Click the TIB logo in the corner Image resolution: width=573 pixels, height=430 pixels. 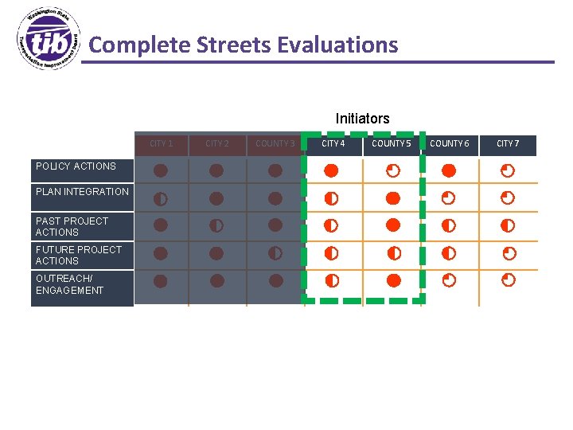point(49,41)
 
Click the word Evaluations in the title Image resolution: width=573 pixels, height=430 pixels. point(337,45)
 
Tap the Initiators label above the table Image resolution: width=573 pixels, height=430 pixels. point(362,119)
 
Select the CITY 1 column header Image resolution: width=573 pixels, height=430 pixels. point(161,144)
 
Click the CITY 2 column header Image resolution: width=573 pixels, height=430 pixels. point(216,144)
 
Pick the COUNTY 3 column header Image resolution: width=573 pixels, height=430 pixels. point(275,144)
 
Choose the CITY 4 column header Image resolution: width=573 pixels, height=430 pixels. point(333,144)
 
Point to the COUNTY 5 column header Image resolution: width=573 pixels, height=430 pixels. point(392,144)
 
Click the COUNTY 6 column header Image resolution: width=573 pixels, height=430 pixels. point(449,144)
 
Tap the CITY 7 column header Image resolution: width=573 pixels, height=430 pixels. point(508,144)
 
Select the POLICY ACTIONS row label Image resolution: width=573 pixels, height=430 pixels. point(76,166)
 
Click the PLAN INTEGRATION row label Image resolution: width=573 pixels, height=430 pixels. point(82,192)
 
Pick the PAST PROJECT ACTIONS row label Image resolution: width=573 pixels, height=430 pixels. point(72,226)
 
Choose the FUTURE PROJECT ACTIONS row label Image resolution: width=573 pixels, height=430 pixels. point(79,255)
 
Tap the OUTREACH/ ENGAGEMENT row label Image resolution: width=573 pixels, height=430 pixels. point(69,284)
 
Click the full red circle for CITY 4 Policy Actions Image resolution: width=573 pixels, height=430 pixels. point(331,170)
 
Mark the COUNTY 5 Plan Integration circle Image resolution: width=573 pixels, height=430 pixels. point(392,197)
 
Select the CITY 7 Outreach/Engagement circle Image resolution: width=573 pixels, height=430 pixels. point(508,280)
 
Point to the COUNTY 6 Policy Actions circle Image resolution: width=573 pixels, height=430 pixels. point(449,170)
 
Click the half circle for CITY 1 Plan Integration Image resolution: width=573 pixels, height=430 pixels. point(160,198)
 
